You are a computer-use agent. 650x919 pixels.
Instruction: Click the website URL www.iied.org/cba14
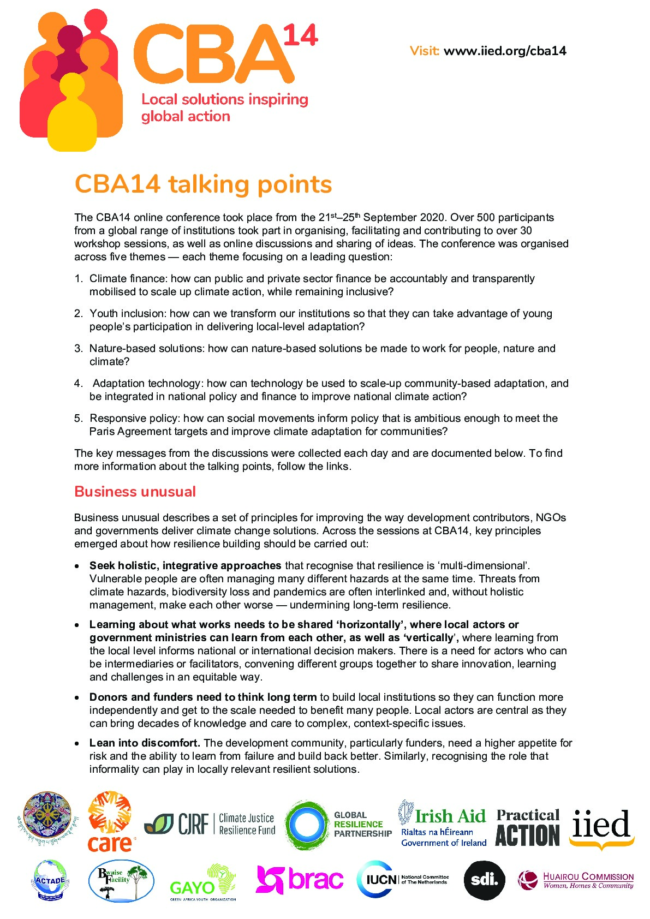[x=505, y=51]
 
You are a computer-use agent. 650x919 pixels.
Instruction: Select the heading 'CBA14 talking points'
[x=203, y=184]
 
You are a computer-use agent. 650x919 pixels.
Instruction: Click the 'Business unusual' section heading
[x=135, y=492]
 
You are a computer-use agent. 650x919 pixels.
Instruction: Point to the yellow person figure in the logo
[x=72, y=115]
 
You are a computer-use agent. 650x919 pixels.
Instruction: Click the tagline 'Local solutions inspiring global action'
[x=224, y=108]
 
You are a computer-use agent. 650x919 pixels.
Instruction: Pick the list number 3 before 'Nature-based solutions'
[x=79, y=349]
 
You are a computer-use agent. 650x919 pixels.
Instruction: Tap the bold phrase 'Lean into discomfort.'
[x=145, y=743]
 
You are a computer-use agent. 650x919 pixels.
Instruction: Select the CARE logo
[x=110, y=822]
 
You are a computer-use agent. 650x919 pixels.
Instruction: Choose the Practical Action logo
[x=528, y=827]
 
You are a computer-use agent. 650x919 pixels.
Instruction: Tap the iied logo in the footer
[x=601, y=827]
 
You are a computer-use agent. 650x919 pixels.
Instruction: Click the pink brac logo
[x=300, y=880]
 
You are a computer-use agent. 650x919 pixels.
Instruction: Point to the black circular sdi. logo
[x=484, y=880]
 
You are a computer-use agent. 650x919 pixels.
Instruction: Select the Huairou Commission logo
[x=576, y=880]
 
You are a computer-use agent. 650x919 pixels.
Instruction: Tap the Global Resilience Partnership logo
[x=339, y=825]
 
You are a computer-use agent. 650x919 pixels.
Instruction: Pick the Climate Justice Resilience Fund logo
[x=210, y=824]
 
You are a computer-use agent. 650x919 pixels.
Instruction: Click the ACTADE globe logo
[x=50, y=880]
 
